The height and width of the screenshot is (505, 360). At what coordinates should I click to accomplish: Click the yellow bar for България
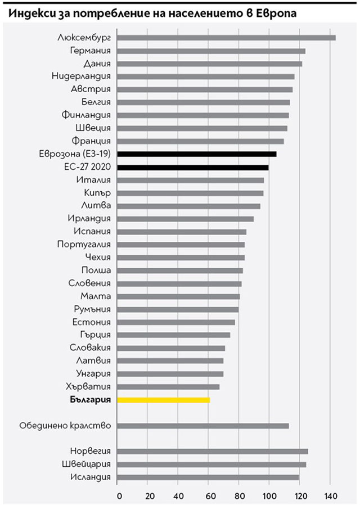[164, 400]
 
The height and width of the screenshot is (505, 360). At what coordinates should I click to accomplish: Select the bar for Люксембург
[227, 38]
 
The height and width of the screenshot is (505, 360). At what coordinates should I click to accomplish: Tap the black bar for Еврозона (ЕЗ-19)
[197, 154]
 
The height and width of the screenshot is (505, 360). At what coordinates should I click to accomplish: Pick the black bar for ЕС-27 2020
[193, 167]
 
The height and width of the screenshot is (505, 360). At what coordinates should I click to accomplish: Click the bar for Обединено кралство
[203, 426]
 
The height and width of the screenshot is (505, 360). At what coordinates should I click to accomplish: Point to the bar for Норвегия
[213, 451]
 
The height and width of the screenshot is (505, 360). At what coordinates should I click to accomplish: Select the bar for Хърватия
[169, 387]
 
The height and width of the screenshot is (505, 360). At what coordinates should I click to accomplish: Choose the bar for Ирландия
[186, 219]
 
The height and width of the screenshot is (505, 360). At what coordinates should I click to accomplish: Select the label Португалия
[84, 245]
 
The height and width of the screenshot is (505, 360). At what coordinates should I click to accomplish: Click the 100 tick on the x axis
[269, 495]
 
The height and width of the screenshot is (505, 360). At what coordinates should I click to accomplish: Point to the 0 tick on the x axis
[119, 495]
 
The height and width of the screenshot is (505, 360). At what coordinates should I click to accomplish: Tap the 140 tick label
[330, 495]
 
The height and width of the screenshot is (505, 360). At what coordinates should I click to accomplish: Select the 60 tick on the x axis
[209, 495]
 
